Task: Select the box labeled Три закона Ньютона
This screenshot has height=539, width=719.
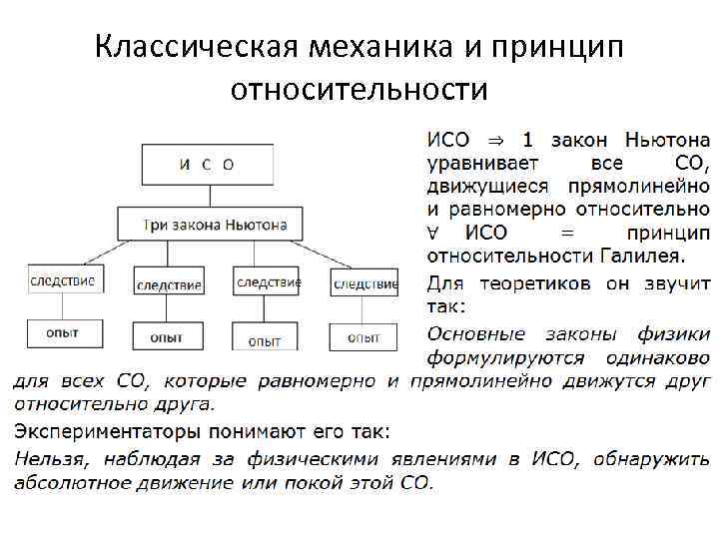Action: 215,225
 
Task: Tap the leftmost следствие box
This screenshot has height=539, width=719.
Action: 62,280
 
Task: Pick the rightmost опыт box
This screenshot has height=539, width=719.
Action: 363,337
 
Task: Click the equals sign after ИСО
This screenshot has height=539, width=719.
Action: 567,234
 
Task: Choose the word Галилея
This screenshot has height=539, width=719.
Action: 624,257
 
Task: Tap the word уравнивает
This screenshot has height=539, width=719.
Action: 483,164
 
